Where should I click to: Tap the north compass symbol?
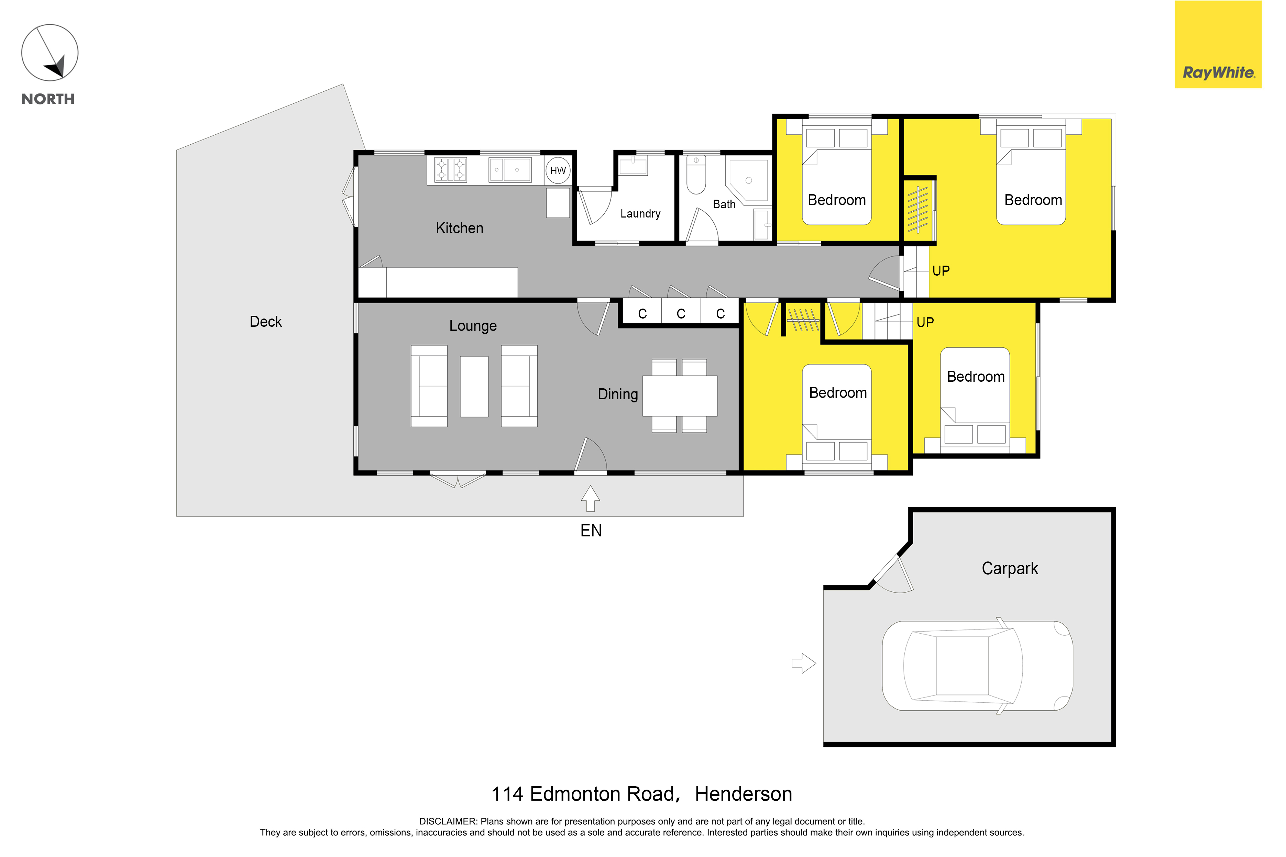pyautogui.click(x=50, y=53)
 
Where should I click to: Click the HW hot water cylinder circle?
pyautogui.click(x=558, y=170)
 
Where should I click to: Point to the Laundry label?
pyautogui.click(x=640, y=214)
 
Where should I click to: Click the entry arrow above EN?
pyautogui.click(x=591, y=499)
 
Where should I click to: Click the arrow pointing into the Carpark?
pyautogui.click(x=804, y=664)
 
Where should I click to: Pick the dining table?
pyautogui.click(x=680, y=396)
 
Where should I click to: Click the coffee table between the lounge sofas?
pyautogui.click(x=474, y=387)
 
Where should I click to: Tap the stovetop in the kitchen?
pyautogui.click(x=451, y=169)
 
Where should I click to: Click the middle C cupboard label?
pyautogui.click(x=681, y=314)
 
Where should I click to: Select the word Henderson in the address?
pyautogui.click(x=744, y=793)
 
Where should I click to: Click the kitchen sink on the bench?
pyautogui.click(x=509, y=169)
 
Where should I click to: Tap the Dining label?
pyautogui.click(x=618, y=394)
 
